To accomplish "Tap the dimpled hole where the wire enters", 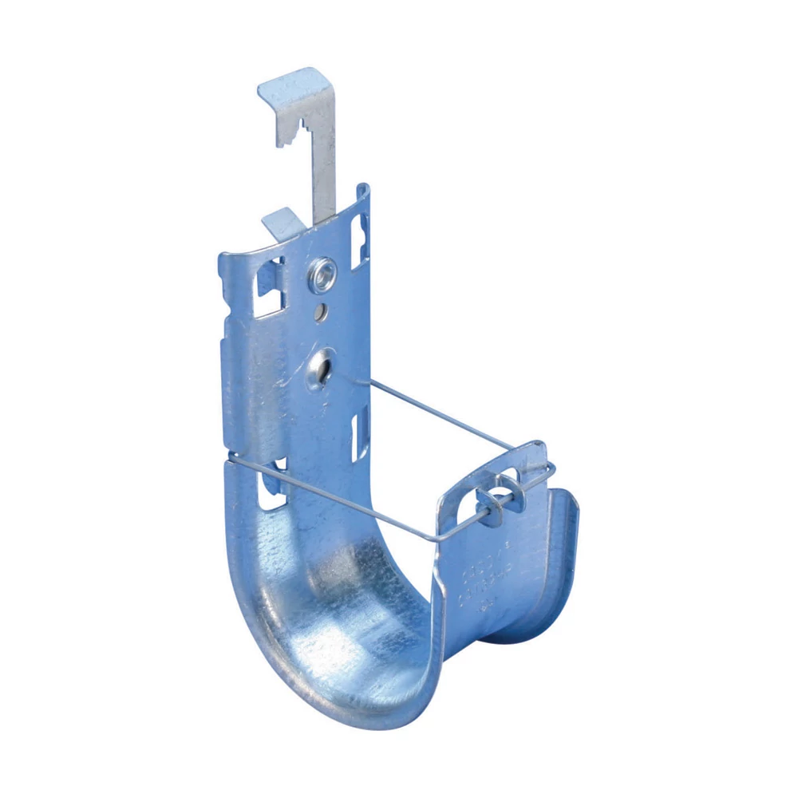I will pyautogui.click(x=321, y=369).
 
